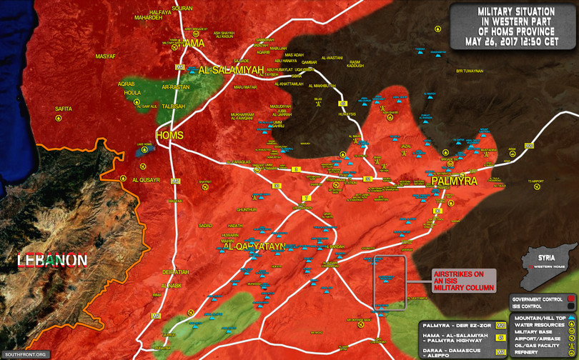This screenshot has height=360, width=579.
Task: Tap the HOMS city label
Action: [x=169, y=136]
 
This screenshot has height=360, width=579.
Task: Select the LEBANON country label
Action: [x=53, y=261]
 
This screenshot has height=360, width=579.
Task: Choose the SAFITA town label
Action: [x=64, y=109]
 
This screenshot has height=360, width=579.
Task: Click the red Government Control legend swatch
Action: [x=572, y=299]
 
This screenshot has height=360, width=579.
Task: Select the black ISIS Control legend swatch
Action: [x=572, y=306]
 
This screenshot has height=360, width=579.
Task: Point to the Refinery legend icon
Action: [x=572, y=352]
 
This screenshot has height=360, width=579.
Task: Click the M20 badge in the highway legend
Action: [x=501, y=325]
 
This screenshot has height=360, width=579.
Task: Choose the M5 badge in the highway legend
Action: [x=501, y=352]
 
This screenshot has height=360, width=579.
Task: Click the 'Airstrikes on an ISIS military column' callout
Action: [x=462, y=281]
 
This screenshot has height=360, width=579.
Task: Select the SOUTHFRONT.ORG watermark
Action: [x=24, y=354]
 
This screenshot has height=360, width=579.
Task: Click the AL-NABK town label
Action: [x=173, y=286]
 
